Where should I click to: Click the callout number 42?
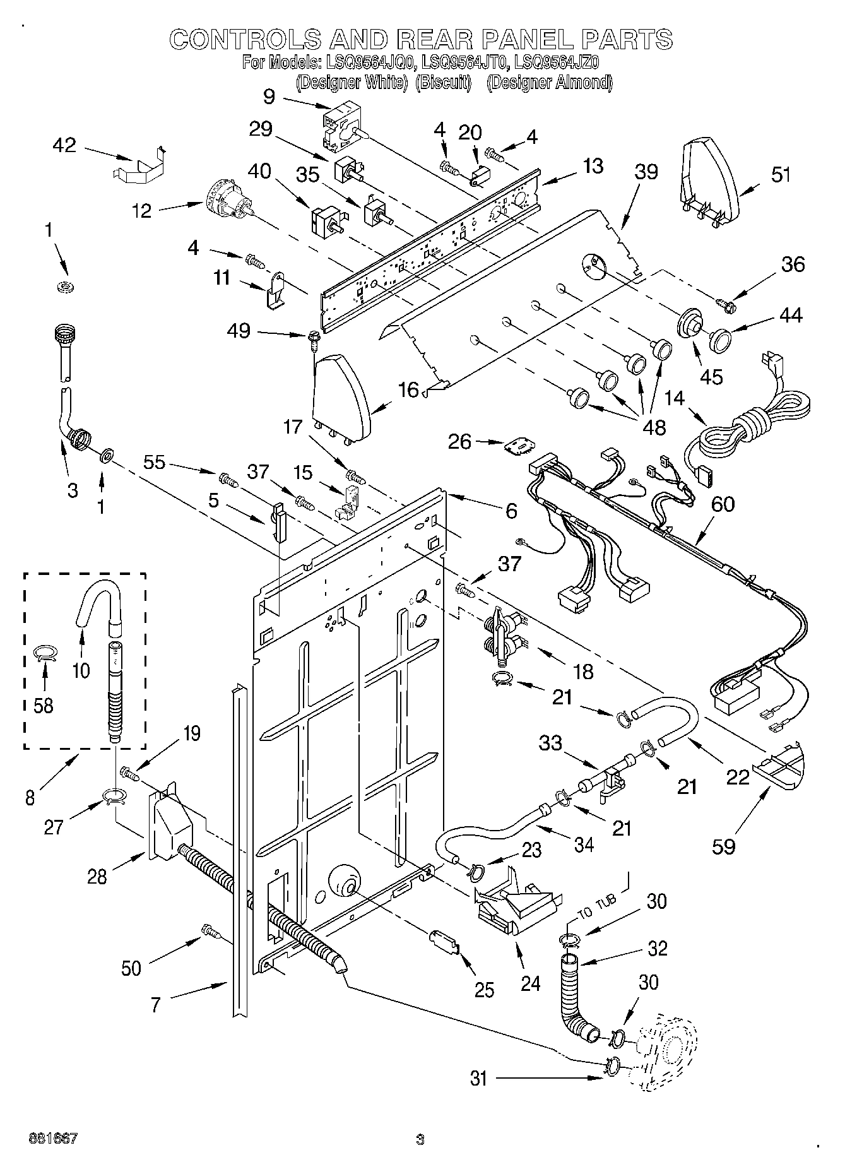(x=64, y=146)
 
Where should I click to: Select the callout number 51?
(x=781, y=175)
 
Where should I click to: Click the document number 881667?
(x=53, y=1139)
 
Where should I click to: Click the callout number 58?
(x=43, y=705)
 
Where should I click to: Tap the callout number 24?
(x=530, y=983)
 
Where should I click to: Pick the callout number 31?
(x=479, y=1078)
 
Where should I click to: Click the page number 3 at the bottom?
(x=420, y=1140)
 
